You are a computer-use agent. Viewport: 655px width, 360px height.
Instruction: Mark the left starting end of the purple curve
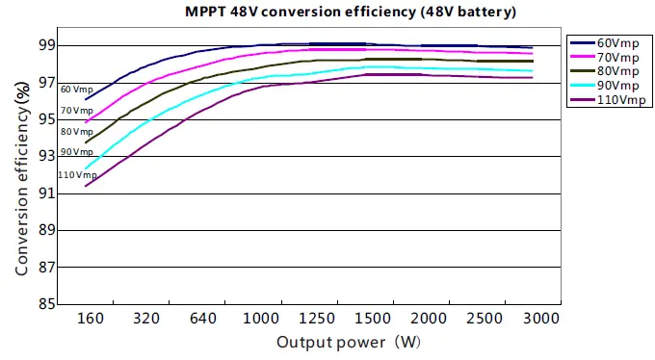[86, 186]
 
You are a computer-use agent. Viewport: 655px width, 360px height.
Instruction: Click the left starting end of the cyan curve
[86, 168]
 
